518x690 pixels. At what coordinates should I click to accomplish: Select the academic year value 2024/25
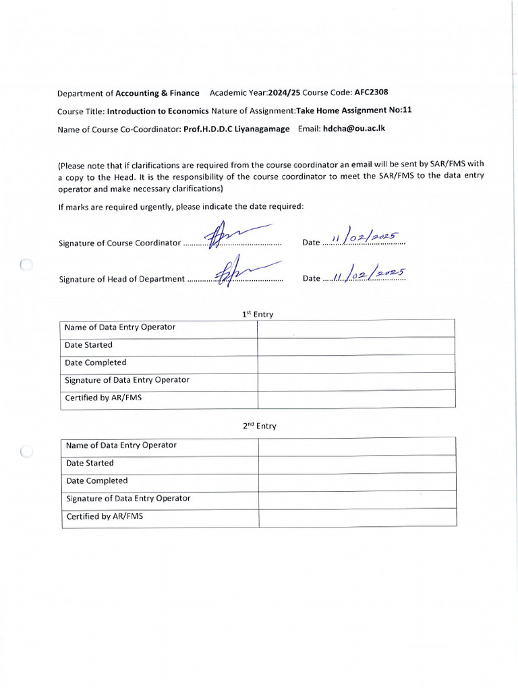point(284,93)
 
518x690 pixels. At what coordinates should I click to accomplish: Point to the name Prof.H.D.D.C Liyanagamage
point(237,129)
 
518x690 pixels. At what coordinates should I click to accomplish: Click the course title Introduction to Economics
point(158,111)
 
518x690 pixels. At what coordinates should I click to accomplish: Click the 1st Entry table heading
point(258,314)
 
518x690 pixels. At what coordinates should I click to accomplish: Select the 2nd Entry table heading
point(259,426)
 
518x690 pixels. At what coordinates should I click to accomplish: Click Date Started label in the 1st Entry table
point(88,345)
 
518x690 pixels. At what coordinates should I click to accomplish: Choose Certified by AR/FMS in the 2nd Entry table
point(105,517)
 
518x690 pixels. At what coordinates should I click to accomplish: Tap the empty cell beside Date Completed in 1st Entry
point(356,363)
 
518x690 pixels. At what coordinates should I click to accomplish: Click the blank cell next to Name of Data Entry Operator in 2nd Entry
point(357,445)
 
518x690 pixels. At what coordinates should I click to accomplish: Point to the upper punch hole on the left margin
point(26,265)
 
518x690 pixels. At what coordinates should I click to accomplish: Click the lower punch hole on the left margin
point(26,452)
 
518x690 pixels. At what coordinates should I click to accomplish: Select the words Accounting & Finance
point(157,93)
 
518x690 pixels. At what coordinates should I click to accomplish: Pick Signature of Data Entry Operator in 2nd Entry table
point(128,499)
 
